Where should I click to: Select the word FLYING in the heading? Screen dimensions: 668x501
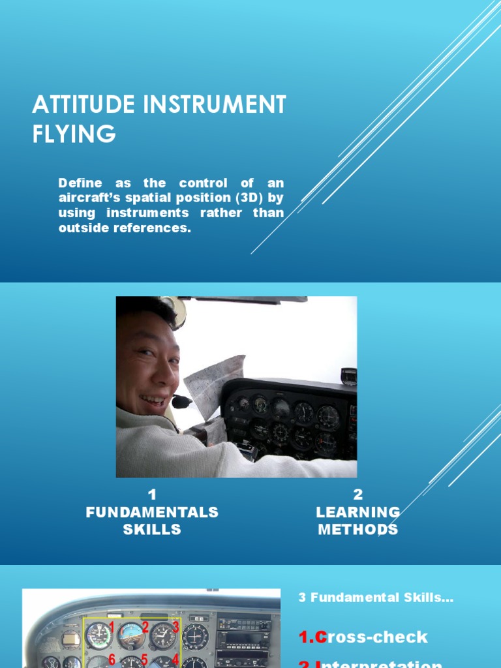click(x=74, y=133)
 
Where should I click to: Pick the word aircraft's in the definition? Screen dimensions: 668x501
click(x=91, y=198)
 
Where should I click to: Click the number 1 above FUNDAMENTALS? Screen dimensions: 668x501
click(x=152, y=494)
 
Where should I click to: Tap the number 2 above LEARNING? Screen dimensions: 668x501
click(x=357, y=494)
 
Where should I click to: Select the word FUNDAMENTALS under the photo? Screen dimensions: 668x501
click(x=152, y=512)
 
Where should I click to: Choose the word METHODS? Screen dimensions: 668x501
click(x=357, y=529)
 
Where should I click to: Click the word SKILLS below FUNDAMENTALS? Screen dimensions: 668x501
click(x=152, y=529)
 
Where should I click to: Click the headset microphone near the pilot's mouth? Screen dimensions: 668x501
click(x=182, y=401)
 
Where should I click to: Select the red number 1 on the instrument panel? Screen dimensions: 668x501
click(x=112, y=627)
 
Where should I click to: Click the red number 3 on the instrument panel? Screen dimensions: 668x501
click(x=175, y=627)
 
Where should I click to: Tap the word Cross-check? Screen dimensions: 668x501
click(x=363, y=637)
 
